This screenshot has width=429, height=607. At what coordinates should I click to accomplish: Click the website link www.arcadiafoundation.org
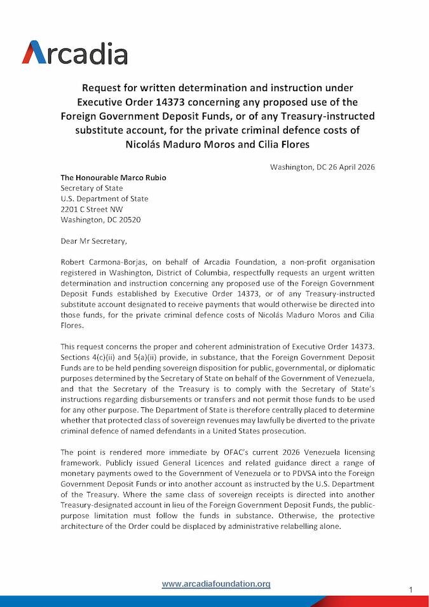pyautogui.click(x=216, y=583)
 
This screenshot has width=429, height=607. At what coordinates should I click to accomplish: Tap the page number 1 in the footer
pyautogui.click(x=411, y=590)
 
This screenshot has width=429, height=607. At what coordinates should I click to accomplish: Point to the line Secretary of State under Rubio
pyautogui.click(x=92, y=188)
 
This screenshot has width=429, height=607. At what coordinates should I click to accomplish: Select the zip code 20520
pyautogui.click(x=130, y=220)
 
